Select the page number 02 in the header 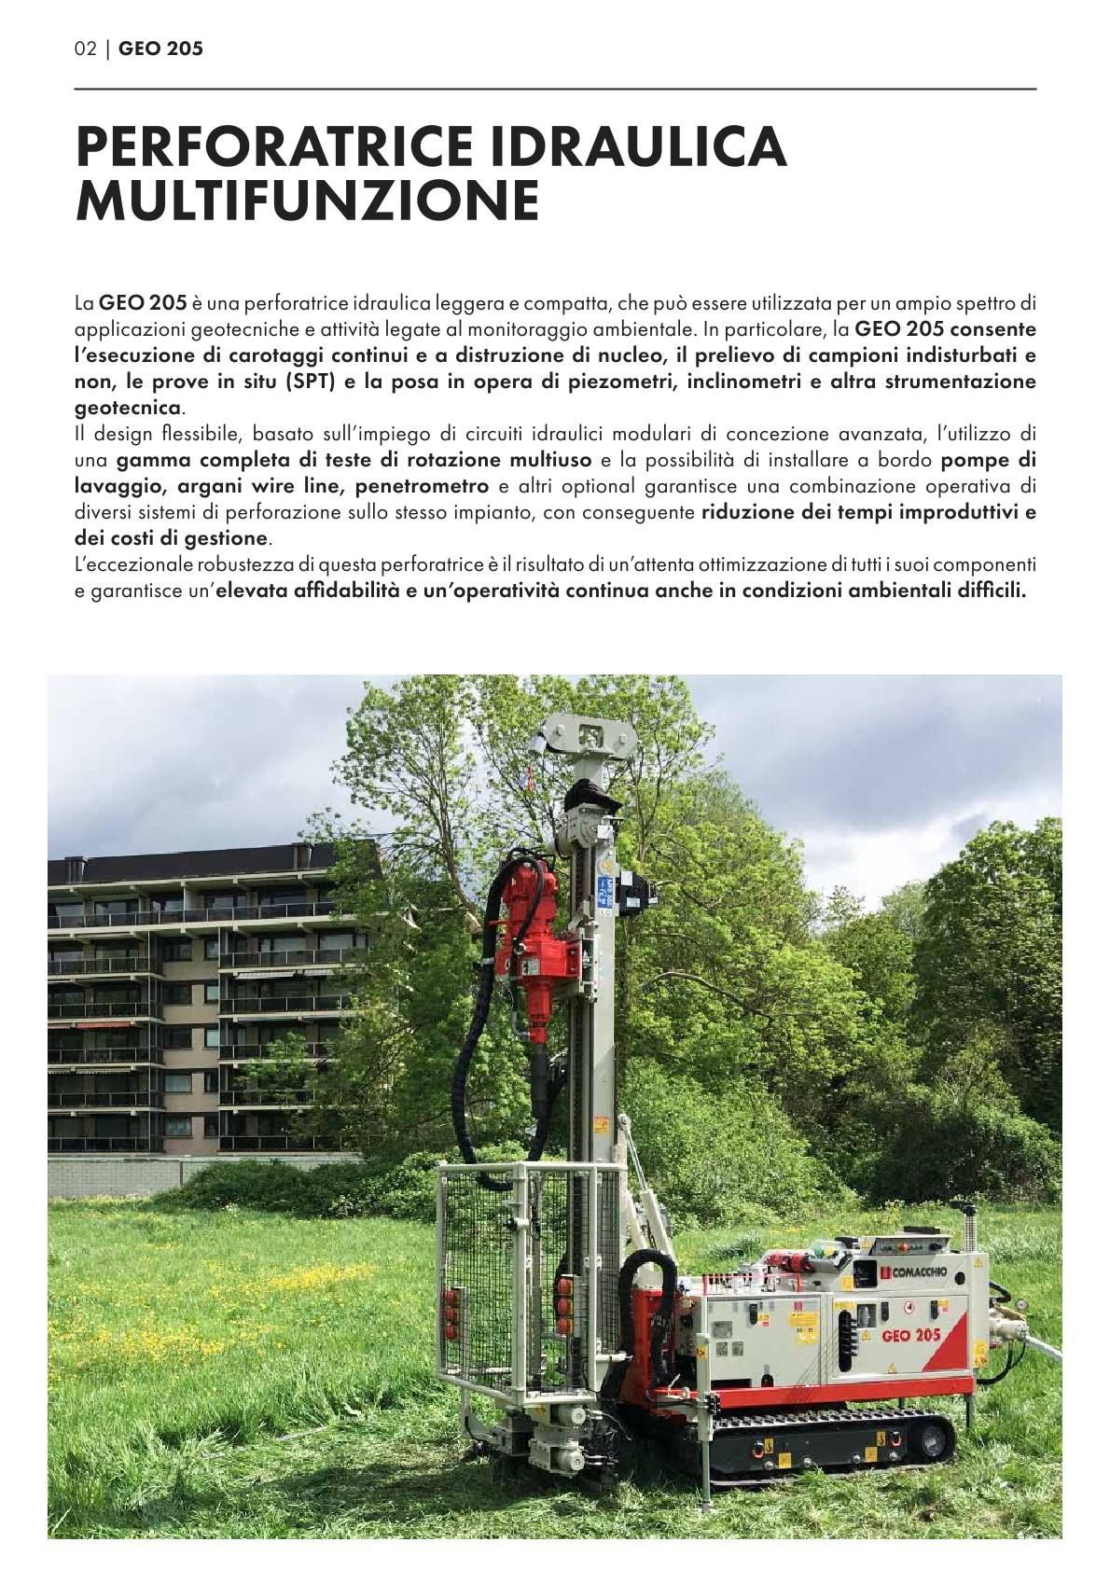point(85,49)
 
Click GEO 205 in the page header point(160,49)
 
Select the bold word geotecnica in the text point(128,408)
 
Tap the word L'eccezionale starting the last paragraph point(131,564)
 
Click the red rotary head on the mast point(529,933)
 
